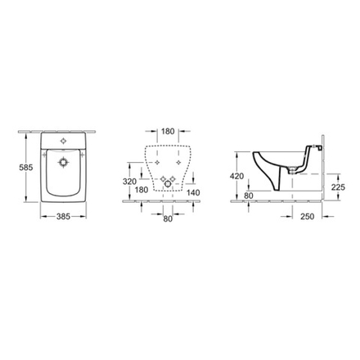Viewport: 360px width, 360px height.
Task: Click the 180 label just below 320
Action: (x=141, y=191)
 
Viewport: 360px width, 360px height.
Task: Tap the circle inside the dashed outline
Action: (x=169, y=190)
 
